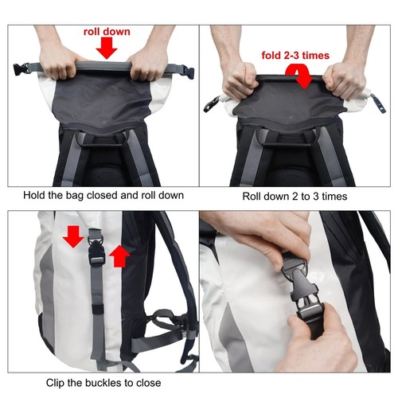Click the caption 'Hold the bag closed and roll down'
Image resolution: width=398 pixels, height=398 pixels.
[103, 195]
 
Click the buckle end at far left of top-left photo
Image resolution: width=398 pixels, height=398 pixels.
[15, 68]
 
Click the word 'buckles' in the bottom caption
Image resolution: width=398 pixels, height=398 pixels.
[101, 383]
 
